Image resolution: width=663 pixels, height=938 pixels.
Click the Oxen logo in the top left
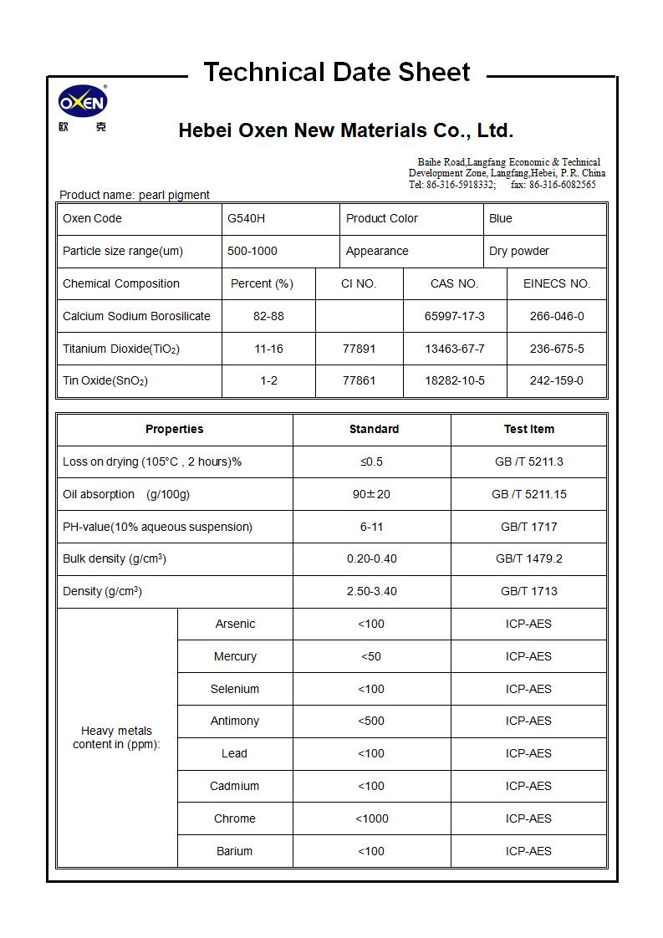(x=83, y=103)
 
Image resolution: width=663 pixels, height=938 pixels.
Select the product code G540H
(x=246, y=218)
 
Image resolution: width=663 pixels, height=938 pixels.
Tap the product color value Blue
(x=501, y=218)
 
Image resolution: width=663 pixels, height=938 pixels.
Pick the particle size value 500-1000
(x=252, y=251)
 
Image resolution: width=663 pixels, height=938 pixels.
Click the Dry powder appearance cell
(x=519, y=251)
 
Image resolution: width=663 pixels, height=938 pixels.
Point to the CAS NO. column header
(x=454, y=283)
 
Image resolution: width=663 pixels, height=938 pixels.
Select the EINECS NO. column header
(x=557, y=283)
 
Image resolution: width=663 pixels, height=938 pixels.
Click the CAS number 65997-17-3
(x=454, y=316)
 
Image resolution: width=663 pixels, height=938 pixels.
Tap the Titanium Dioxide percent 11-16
(x=268, y=349)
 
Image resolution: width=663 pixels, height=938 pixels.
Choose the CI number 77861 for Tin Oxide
(x=359, y=380)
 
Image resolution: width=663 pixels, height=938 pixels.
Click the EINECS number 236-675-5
(x=557, y=349)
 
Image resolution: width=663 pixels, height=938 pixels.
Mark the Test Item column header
(x=528, y=429)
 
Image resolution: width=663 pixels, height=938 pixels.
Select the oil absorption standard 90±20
(x=371, y=494)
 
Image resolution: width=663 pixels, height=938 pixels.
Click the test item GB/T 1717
(x=528, y=527)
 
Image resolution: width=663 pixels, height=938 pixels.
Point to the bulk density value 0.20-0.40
(x=371, y=558)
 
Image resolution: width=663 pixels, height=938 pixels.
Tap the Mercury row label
(x=235, y=656)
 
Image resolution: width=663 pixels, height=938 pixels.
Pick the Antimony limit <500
(x=371, y=721)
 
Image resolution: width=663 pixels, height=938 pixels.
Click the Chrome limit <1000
(x=371, y=818)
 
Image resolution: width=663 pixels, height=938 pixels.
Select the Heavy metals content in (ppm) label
(x=116, y=737)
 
